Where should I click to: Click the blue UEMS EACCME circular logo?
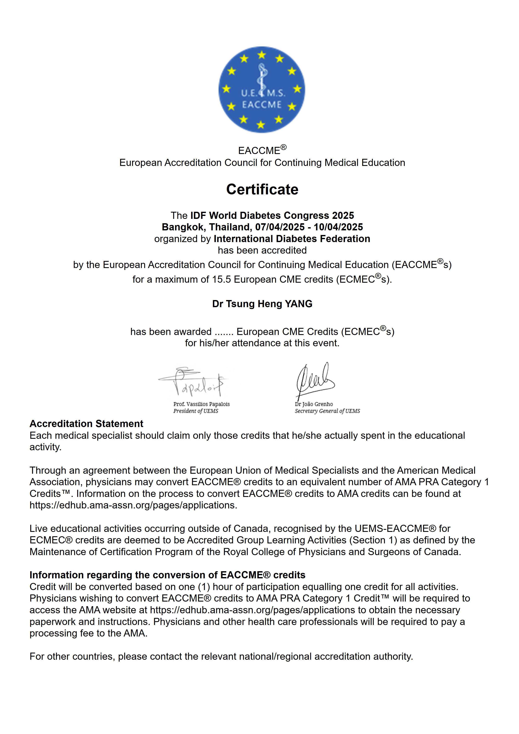[x=261, y=90]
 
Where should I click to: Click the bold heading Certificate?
[x=262, y=189]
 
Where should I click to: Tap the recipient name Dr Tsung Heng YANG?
[x=262, y=304]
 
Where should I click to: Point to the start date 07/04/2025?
[x=280, y=227]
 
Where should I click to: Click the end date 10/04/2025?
[x=338, y=227]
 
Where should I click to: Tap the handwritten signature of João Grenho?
[x=315, y=380]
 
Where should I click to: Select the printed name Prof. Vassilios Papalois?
[x=201, y=404]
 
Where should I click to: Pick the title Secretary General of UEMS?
[x=327, y=411]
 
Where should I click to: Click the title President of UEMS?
[x=196, y=411]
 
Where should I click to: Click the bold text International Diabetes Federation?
[x=292, y=239]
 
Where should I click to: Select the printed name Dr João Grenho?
[x=314, y=404]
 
